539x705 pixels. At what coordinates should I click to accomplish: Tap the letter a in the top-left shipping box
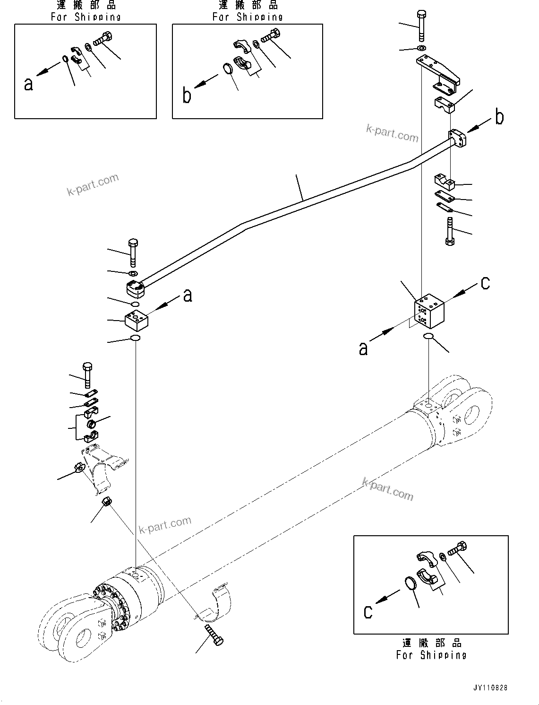coord(29,84)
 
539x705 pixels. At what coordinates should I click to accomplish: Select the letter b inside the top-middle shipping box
coord(187,96)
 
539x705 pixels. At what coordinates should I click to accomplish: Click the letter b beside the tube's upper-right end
coord(499,117)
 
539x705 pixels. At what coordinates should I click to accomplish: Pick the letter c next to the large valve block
coord(485,283)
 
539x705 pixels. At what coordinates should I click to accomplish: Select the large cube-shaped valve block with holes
coord(429,311)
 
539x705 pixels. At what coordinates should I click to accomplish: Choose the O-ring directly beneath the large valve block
coord(428,336)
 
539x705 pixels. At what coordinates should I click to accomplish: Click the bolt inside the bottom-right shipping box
coord(456,549)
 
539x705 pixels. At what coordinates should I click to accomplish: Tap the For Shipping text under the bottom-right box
coord(431,655)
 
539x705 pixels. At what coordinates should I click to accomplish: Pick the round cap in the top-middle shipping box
coord(228,69)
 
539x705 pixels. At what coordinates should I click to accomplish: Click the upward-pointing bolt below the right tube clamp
coord(449,231)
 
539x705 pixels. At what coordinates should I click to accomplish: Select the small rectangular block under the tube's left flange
coord(136,321)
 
